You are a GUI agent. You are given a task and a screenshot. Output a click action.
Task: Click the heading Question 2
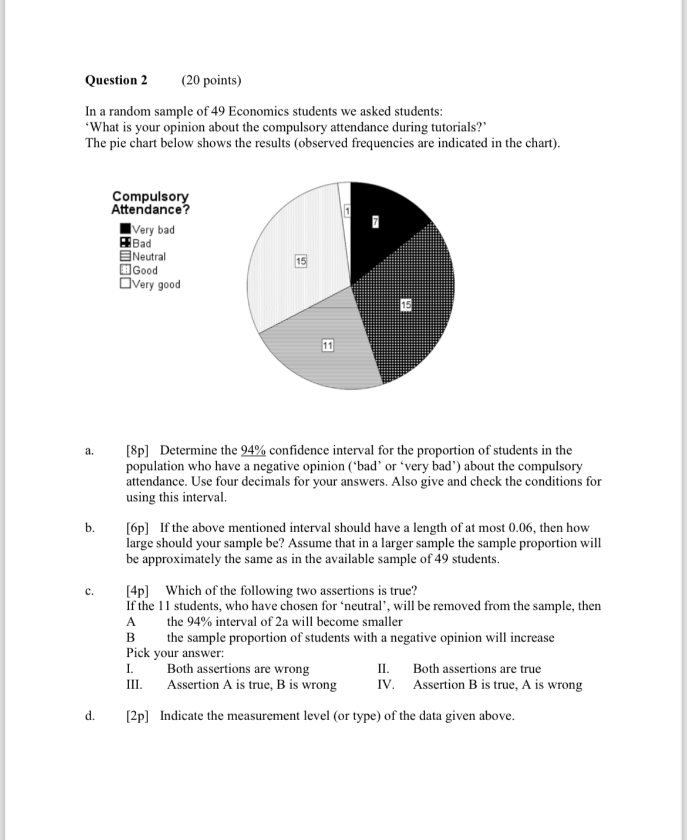(x=116, y=80)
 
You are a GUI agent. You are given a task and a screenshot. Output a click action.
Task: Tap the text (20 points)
(x=211, y=80)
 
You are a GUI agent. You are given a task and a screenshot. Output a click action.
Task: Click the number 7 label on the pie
(x=376, y=221)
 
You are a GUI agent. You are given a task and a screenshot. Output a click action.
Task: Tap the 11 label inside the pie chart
(x=328, y=346)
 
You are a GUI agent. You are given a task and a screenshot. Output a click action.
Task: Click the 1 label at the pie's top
(x=347, y=211)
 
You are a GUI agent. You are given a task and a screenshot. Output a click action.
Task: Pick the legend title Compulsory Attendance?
(x=150, y=203)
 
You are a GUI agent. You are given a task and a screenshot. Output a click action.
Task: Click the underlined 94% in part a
(x=253, y=451)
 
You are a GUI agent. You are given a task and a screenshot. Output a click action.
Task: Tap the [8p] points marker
(x=137, y=451)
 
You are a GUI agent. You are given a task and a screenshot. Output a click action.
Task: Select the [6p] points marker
(x=137, y=527)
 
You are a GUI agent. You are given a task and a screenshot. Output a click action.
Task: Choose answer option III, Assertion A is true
(x=251, y=685)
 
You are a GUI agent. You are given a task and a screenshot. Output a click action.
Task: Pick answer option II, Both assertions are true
(x=477, y=669)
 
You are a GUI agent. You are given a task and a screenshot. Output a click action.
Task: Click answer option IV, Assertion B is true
(x=497, y=685)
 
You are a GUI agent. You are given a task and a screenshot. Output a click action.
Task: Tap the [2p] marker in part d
(x=137, y=716)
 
